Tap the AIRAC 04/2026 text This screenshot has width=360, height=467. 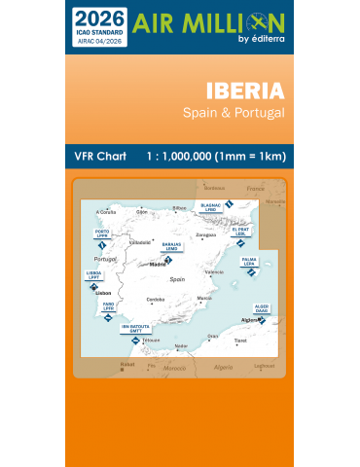99,40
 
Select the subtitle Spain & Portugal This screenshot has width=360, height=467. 234,113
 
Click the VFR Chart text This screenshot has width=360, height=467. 100,157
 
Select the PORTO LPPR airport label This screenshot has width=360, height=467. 102,234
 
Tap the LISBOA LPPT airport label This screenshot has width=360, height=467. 94,275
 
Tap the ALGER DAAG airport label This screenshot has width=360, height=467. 261,308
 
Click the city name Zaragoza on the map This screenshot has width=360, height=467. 205,235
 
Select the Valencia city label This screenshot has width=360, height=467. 214,272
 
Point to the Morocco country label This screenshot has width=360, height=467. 172,367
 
